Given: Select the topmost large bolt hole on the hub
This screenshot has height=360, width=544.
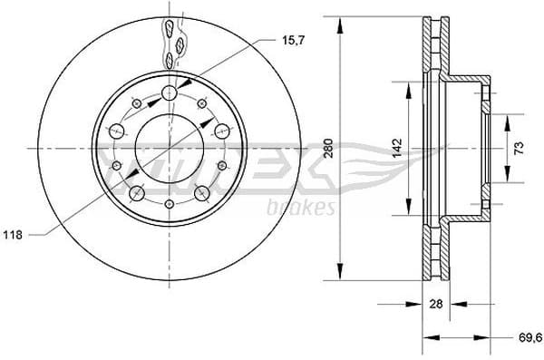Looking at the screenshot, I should pyautogui.click(x=170, y=94).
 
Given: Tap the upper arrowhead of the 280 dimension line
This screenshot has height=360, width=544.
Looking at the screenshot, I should pyautogui.click(x=340, y=23).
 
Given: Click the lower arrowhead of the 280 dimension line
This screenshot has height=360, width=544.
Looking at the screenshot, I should pyautogui.click(x=340, y=273).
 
